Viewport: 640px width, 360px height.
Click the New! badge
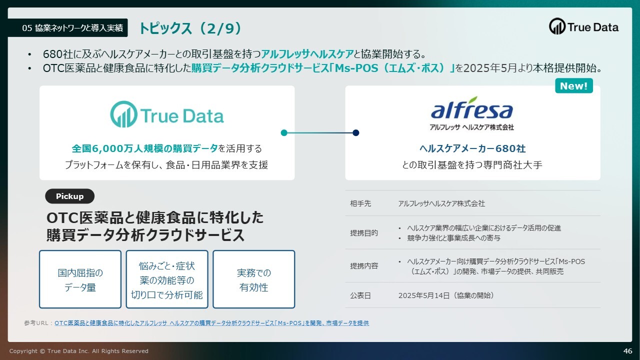(x=573, y=85)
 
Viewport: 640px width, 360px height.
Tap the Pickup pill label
(x=69, y=196)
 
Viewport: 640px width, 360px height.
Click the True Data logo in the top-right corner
(x=583, y=26)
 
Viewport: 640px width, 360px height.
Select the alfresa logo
(x=471, y=113)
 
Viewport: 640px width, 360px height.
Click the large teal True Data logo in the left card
(x=167, y=114)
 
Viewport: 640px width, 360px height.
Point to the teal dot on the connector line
(x=284, y=133)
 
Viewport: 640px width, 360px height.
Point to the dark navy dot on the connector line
(x=355, y=133)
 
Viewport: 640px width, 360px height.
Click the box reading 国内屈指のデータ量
(x=80, y=279)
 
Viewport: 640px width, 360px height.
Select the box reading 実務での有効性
(x=253, y=279)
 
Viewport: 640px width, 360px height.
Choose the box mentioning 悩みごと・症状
(x=167, y=279)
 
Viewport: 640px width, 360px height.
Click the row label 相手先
(x=360, y=203)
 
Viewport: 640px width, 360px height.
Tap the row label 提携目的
(x=364, y=233)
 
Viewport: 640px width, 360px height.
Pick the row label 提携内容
(x=364, y=266)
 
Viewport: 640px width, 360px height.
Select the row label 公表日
(x=360, y=295)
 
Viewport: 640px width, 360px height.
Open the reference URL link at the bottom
(x=211, y=323)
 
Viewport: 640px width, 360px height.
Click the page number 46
(x=627, y=351)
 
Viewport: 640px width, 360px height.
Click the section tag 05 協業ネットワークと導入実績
(x=72, y=28)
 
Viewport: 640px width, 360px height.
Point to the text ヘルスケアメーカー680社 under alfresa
(x=472, y=148)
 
